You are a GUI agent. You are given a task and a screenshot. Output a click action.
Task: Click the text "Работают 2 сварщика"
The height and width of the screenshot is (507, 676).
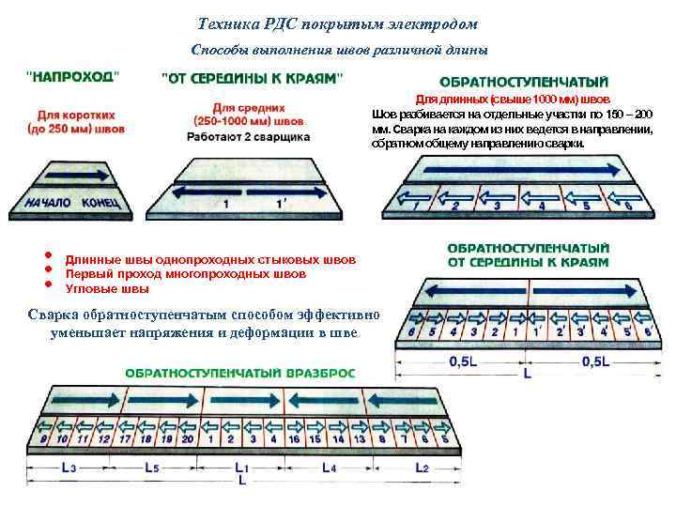pyautogui.click(x=248, y=136)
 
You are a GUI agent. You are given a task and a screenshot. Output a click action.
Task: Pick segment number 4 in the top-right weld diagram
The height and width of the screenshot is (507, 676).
pyautogui.click(x=542, y=205)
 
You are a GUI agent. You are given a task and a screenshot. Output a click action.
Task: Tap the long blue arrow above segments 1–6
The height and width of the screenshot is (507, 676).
pyautogui.click(x=516, y=173)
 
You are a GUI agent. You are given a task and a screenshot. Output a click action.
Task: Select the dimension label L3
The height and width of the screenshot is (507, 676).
pyautogui.click(x=66, y=467)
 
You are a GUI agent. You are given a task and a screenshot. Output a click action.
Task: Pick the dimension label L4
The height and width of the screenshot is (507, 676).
pyautogui.click(x=329, y=467)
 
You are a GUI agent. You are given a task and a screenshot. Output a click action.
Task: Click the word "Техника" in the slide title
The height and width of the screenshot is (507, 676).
pyautogui.click(x=229, y=23)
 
